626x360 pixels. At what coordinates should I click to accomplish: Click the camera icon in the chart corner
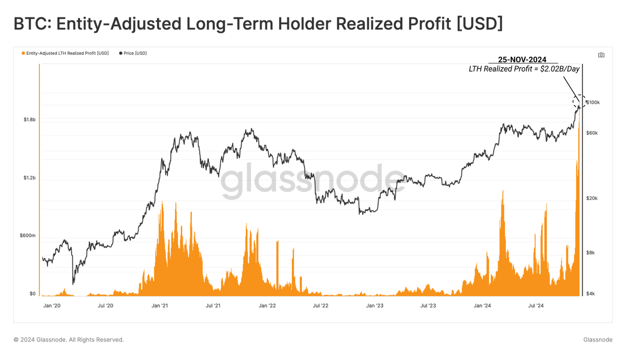[601, 55]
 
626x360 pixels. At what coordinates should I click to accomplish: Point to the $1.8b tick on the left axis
[29, 120]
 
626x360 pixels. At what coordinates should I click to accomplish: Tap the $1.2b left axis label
[29, 178]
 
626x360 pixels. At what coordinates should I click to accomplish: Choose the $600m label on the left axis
[28, 236]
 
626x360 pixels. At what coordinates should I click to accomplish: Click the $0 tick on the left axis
[33, 294]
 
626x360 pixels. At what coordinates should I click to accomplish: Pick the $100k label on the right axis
[593, 103]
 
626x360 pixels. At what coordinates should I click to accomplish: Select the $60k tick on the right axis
[592, 133]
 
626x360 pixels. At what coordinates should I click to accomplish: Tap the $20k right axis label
[592, 198]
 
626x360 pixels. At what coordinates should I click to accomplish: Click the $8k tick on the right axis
[591, 253]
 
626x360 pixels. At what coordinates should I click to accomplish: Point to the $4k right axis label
[591, 294]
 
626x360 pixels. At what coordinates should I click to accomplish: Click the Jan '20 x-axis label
[52, 306]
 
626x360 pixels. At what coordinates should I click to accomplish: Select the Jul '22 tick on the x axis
[320, 306]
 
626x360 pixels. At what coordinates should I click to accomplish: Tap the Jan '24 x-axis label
[482, 306]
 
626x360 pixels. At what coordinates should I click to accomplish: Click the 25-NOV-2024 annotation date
[522, 60]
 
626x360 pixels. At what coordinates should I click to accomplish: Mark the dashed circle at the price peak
[579, 101]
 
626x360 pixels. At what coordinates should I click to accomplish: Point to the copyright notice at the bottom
[68, 340]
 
